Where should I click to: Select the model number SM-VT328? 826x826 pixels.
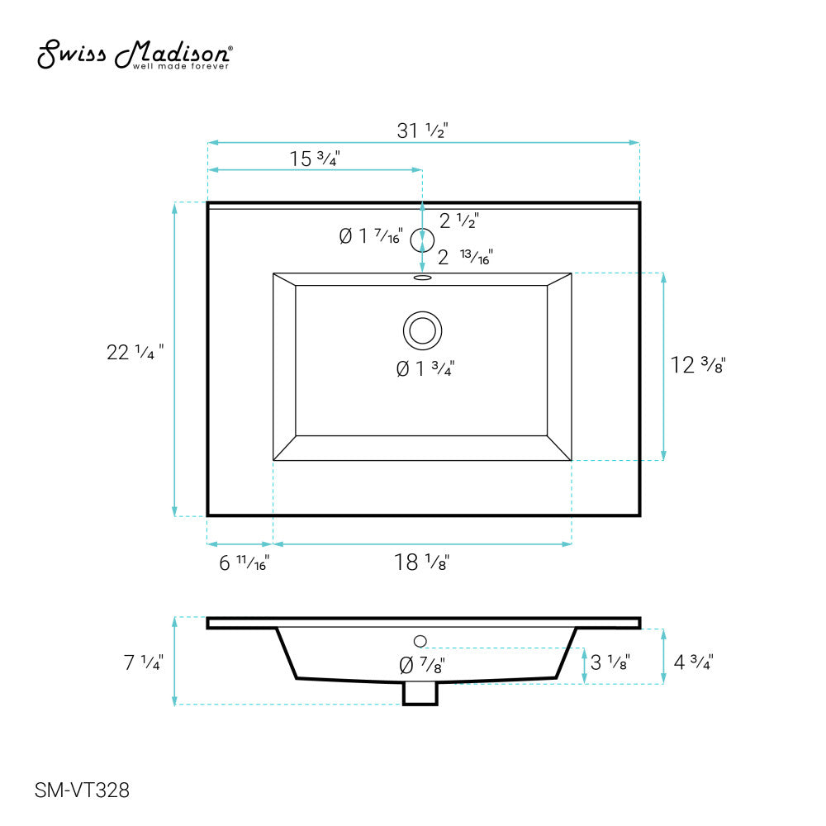pos(82,790)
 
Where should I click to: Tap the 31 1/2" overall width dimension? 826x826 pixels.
pos(422,131)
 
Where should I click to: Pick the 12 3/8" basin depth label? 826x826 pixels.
pos(697,365)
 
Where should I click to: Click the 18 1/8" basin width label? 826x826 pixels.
pos(421,563)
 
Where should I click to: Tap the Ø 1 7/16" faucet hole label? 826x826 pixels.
pos(370,237)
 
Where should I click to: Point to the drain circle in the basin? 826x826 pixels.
pos(422,330)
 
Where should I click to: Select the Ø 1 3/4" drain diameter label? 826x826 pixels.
pos(425,369)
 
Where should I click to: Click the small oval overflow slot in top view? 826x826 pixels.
pos(422,278)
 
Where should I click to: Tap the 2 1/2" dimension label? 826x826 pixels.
pos(458,221)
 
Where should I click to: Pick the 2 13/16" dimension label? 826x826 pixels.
pos(464,257)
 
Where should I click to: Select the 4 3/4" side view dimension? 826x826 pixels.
pos(692,662)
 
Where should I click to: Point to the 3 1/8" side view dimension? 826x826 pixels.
pos(611,662)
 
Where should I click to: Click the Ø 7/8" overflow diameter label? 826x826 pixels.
pos(422,663)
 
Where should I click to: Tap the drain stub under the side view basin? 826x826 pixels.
pos(420,694)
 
